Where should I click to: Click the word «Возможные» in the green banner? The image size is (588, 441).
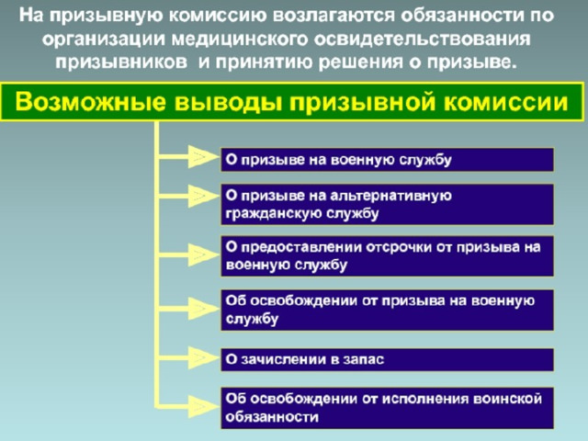[x=90, y=102]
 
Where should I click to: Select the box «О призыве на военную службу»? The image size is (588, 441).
[x=387, y=160]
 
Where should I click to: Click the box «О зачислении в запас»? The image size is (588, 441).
[x=387, y=359]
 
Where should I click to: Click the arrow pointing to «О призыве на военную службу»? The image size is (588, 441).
[x=187, y=156]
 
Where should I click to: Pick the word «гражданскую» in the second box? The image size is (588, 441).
[x=273, y=214]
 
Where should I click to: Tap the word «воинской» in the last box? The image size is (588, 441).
[x=507, y=399]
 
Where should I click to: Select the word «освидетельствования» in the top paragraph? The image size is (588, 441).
[x=423, y=40]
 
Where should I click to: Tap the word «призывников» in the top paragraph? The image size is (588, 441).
[x=121, y=62]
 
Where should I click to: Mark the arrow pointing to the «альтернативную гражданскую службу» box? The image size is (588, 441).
[x=187, y=196]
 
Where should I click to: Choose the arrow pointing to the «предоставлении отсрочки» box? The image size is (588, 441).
[x=187, y=255]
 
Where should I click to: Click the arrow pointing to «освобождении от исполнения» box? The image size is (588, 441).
[x=187, y=406]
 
